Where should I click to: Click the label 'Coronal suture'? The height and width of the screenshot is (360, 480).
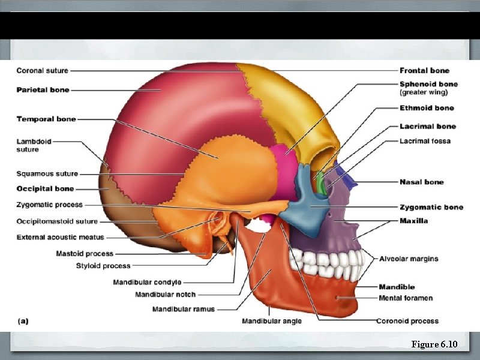pos(42,71)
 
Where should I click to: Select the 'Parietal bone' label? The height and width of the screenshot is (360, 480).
pos(43,90)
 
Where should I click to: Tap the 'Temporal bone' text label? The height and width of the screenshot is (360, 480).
pos(46,119)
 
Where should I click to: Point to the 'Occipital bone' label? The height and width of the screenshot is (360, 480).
pos(45,189)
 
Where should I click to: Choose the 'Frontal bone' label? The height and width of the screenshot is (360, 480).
pos(424,71)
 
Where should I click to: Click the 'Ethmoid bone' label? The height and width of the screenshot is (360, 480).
pos(427,109)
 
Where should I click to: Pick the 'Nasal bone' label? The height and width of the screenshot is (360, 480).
pos(421,182)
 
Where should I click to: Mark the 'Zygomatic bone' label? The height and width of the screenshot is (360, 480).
pos(431,208)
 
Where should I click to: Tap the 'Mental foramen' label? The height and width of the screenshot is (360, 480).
pos(406,298)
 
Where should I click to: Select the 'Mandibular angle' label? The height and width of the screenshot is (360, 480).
pos(272,321)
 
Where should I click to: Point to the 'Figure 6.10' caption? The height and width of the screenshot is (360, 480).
pos(434,344)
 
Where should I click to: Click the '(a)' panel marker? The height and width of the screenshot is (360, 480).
pos(23,321)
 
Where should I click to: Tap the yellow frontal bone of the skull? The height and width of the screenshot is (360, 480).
pos(294,102)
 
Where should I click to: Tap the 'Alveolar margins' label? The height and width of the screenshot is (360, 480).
pos(408,259)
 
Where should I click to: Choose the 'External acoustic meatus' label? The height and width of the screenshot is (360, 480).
pos(60,238)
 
